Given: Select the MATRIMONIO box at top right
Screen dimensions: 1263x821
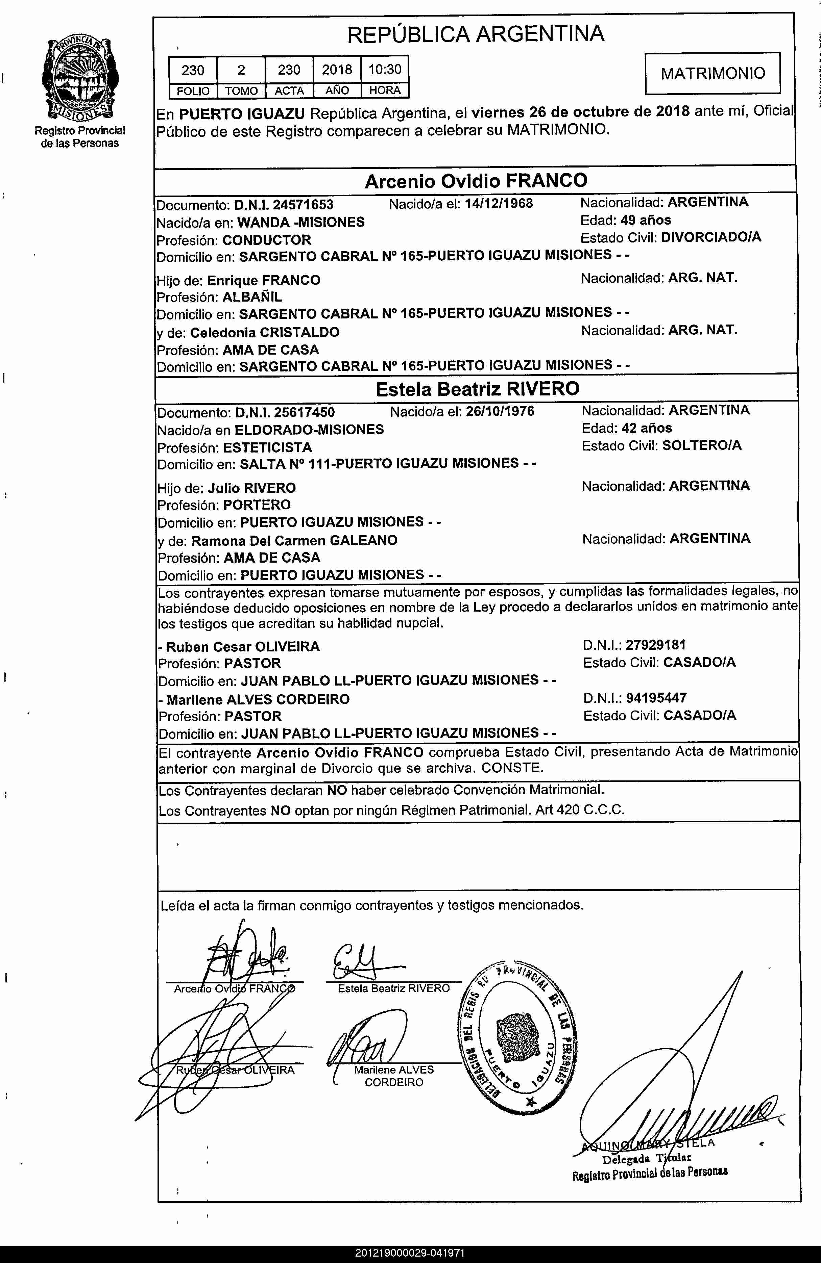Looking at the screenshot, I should (713, 73).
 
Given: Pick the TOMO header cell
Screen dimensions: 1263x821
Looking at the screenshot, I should (241, 91).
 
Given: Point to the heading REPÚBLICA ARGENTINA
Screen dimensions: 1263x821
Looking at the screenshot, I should (476, 34).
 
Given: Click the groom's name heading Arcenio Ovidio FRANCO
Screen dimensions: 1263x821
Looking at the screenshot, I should (476, 181).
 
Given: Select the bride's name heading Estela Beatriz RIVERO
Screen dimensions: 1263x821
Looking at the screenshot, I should (477, 389).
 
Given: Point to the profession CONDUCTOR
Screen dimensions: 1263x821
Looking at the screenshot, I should (267, 240).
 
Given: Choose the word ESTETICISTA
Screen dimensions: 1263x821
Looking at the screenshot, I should (268, 447).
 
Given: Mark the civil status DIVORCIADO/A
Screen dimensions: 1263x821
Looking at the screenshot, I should (711, 237).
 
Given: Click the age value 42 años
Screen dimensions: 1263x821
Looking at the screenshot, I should (646, 428).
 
